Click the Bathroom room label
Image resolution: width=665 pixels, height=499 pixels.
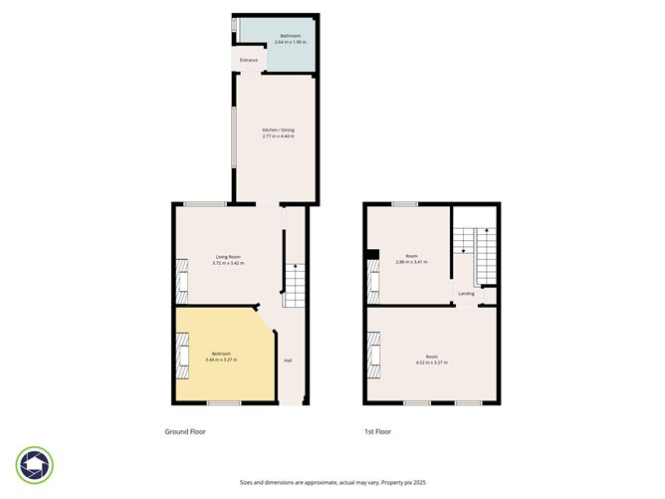278,35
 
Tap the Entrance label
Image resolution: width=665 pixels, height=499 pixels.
249,61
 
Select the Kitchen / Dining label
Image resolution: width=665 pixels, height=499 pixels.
278,129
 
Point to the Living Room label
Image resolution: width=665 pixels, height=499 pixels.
229,257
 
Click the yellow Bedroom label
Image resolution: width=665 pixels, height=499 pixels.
222,354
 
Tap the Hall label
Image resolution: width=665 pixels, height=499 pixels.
288,360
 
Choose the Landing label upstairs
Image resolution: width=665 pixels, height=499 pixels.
466,294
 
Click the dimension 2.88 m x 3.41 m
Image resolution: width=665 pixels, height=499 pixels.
411,262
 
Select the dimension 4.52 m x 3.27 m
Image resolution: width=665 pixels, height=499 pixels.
431,362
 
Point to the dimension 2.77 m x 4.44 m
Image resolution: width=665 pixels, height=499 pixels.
278,135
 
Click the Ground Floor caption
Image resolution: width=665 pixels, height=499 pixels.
184,432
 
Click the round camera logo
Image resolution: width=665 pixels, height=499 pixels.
35,464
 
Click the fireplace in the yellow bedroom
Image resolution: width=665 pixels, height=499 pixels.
182,356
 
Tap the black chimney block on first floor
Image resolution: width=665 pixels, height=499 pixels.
370,256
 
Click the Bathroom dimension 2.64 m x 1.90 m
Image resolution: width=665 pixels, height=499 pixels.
278,42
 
